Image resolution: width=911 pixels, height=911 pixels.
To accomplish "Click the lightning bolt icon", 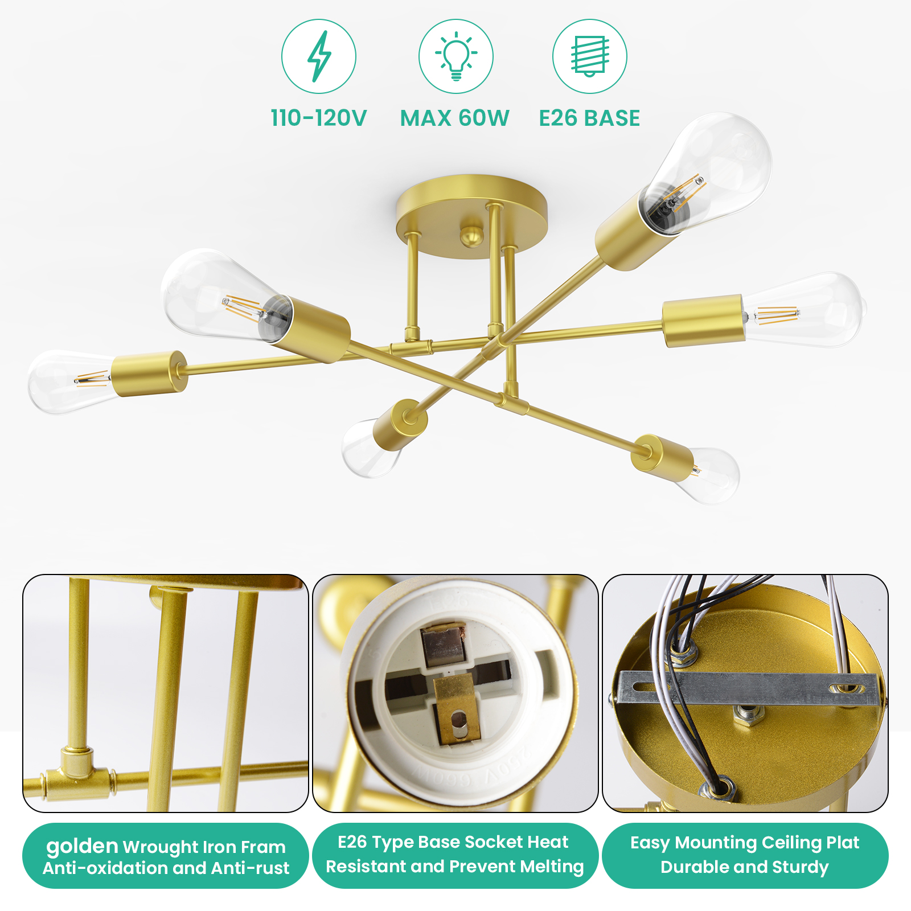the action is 319,56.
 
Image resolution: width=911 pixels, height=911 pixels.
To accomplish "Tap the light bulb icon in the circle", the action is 456,56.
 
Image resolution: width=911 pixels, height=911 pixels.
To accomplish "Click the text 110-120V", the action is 319,118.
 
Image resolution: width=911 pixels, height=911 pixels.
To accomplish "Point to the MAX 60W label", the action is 454,118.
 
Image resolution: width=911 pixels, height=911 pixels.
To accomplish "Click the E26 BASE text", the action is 590,118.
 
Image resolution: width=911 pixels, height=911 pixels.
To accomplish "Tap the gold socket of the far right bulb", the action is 704,321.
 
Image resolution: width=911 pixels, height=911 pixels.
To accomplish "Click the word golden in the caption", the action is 82,846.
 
